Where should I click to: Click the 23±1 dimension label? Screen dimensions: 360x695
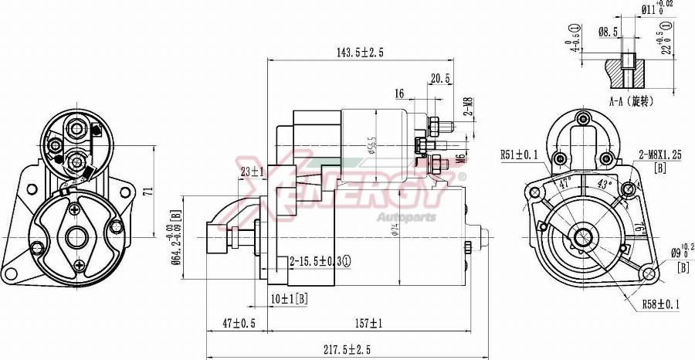[x=252, y=172]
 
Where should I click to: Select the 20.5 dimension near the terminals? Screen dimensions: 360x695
[x=440, y=79]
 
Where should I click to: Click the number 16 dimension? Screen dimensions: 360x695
[x=399, y=93]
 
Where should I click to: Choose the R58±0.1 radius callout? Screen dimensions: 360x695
[x=660, y=304]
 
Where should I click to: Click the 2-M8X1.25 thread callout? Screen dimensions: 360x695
[x=659, y=155]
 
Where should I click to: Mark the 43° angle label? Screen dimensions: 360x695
[x=605, y=184]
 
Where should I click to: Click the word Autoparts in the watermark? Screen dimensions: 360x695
[x=405, y=217]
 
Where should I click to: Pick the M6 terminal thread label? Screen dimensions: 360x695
[x=459, y=158]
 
